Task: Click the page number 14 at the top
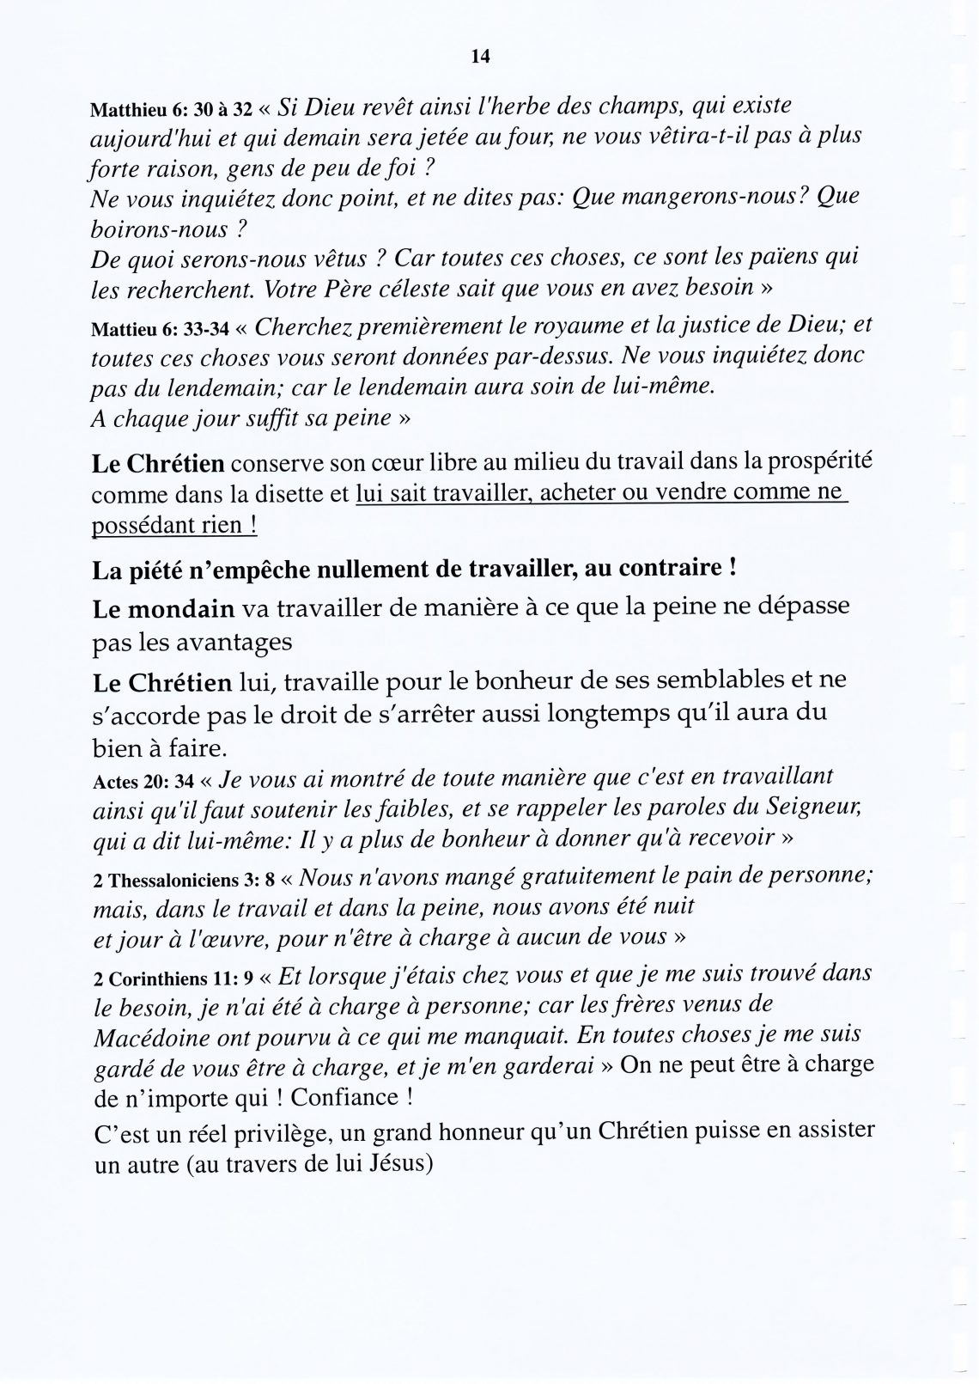click(x=480, y=58)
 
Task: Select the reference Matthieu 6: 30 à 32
click(x=172, y=110)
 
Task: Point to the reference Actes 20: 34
click(x=142, y=783)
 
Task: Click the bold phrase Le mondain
click(x=163, y=608)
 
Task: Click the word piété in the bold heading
click(x=155, y=569)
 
